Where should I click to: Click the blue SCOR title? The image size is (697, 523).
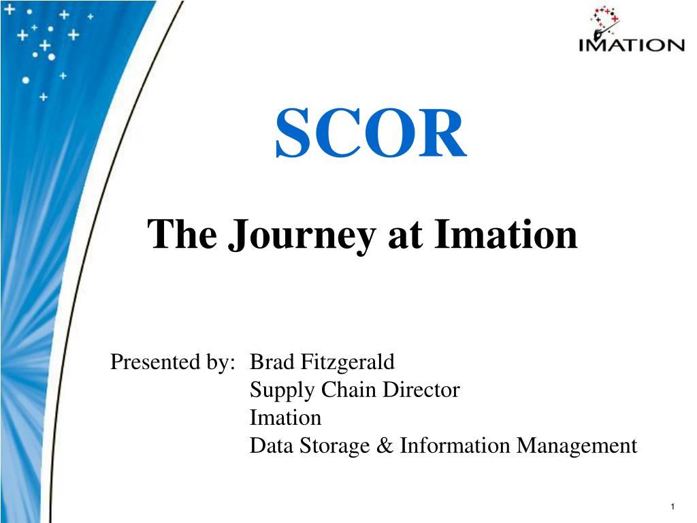click(x=371, y=133)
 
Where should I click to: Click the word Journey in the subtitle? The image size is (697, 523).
click(x=302, y=236)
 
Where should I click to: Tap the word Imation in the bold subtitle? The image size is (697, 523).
click(x=506, y=234)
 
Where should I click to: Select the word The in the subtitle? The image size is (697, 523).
click(x=182, y=234)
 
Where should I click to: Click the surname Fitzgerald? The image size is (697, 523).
click(x=348, y=362)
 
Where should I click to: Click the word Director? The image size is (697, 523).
click(x=421, y=390)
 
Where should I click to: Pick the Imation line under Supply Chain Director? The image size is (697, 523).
click(x=285, y=417)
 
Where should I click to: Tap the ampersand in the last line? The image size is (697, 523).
click(x=385, y=445)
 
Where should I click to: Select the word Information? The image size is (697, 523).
click(x=455, y=445)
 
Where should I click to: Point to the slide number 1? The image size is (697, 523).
click(x=672, y=506)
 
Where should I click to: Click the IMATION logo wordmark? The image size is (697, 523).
click(x=632, y=45)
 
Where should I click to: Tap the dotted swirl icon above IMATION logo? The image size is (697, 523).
click(x=604, y=22)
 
